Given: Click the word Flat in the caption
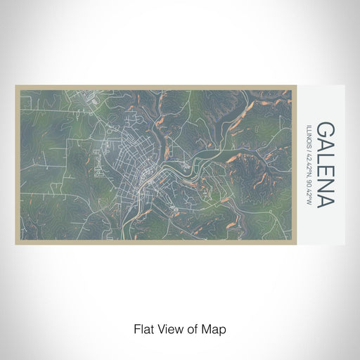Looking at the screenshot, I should tap(142, 329).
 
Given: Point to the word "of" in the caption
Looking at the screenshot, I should tap(188, 329).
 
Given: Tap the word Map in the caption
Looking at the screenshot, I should tap(207, 329).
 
